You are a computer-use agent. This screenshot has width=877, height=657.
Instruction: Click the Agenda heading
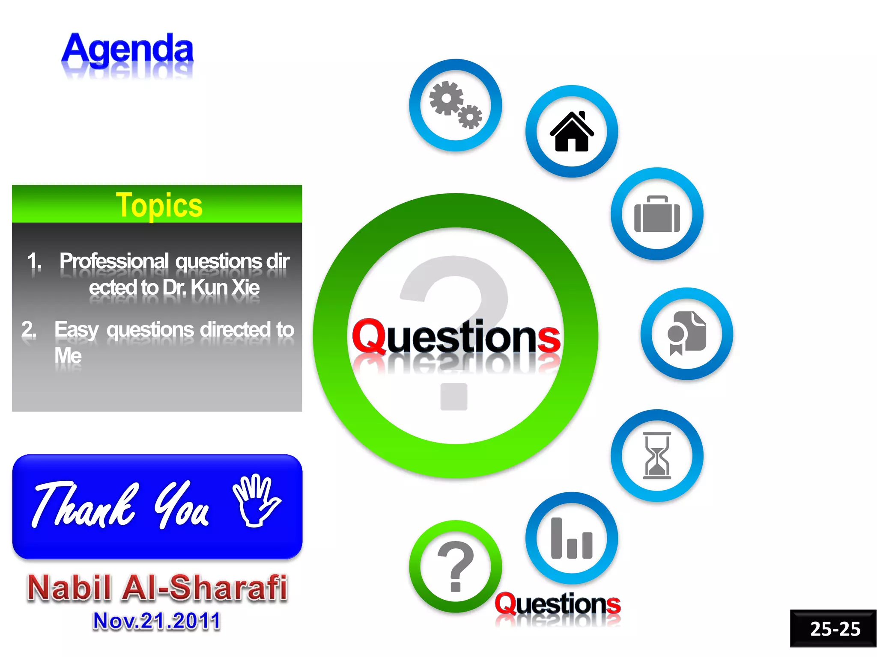coord(128,50)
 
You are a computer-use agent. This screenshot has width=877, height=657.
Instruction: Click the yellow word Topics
coord(159,206)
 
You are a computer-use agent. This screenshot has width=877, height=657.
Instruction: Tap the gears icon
coord(455,105)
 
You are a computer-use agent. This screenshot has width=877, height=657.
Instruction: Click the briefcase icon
coord(657,214)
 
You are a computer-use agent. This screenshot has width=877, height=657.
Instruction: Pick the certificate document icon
coord(686,334)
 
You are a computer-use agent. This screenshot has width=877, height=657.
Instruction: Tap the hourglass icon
coord(657,456)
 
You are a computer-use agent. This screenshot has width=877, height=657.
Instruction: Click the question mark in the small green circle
coord(455,566)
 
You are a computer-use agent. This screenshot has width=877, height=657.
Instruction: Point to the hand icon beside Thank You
coord(256,500)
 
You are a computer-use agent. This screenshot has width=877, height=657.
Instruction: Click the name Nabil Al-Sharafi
coord(157,588)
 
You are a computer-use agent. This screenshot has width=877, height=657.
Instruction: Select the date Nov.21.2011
coord(157,621)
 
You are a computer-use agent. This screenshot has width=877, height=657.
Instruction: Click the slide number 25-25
coord(835,629)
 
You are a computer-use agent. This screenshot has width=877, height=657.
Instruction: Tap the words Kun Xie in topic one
coord(225,287)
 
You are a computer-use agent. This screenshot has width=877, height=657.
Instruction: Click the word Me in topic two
coord(68,355)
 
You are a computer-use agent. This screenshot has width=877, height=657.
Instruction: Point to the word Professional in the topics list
coord(114,261)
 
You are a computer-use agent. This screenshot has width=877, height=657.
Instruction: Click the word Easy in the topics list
coord(77,330)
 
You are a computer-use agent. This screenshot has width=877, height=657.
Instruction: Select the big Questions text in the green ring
coord(456,337)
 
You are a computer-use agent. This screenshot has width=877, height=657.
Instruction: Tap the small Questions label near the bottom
coord(558,604)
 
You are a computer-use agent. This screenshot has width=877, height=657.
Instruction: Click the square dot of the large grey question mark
coord(454,397)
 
